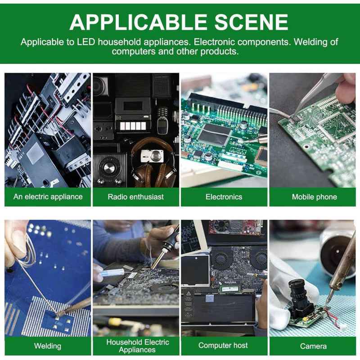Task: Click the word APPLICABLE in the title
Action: click(139, 22)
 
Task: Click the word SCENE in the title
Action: click(251, 22)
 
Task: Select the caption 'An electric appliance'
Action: click(48, 197)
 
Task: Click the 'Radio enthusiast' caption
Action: click(136, 197)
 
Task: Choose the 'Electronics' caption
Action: click(224, 197)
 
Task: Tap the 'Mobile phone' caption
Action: click(314, 197)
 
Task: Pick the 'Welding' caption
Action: click(48, 346)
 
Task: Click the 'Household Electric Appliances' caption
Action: click(138, 346)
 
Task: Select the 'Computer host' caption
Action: click(223, 345)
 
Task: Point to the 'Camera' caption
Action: click(313, 346)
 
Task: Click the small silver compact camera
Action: click(152, 156)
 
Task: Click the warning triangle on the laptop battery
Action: click(189, 293)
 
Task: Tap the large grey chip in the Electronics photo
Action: click(214, 135)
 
